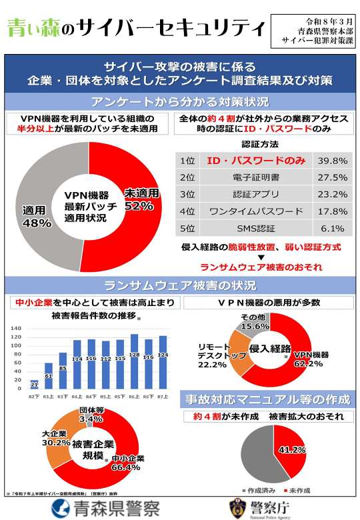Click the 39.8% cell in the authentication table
tap(332, 161)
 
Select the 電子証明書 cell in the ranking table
tap(256, 177)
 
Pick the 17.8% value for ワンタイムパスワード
tap(332, 211)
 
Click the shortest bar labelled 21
tap(34, 383)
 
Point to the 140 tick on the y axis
tap(17, 329)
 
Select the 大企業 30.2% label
tap(56, 437)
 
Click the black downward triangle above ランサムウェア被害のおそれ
tap(261, 257)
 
